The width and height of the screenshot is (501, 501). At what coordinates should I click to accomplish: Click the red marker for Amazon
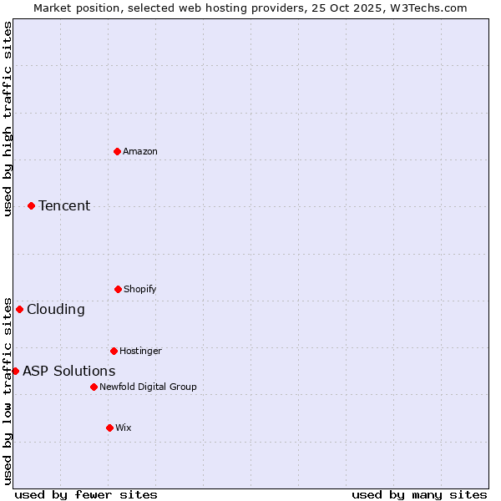(x=118, y=151)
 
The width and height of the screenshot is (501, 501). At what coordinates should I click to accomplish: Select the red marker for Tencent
(x=31, y=205)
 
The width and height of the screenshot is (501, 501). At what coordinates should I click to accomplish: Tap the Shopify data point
(x=118, y=289)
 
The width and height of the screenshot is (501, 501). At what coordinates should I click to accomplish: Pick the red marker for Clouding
(x=19, y=309)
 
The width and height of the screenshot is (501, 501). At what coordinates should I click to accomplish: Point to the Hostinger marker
(x=114, y=351)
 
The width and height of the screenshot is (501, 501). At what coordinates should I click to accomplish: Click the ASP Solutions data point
(x=15, y=371)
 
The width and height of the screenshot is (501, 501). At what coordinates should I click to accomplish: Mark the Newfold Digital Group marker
(x=94, y=387)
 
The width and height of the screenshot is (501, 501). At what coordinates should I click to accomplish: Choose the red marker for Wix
(x=109, y=428)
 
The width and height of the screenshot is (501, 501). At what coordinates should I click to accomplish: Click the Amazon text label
(x=140, y=151)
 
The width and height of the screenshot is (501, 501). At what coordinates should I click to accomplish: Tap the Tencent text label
(x=64, y=205)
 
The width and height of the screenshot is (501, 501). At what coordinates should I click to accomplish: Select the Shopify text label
(x=140, y=289)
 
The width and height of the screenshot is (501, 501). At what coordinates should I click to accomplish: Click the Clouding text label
(x=56, y=309)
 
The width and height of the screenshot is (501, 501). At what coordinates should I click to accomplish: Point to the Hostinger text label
(x=140, y=351)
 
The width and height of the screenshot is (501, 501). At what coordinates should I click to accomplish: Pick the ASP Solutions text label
(x=69, y=371)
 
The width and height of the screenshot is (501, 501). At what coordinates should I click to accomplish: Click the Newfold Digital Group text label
(x=148, y=387)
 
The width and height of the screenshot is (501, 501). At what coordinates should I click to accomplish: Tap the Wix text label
(x=124, y=428)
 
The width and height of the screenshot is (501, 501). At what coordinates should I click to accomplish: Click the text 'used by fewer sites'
(x=86, y=494)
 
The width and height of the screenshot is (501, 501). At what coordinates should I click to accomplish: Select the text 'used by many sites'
(x=419, y=494)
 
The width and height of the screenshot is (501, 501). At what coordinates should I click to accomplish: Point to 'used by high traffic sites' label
(x=8, y=119)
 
